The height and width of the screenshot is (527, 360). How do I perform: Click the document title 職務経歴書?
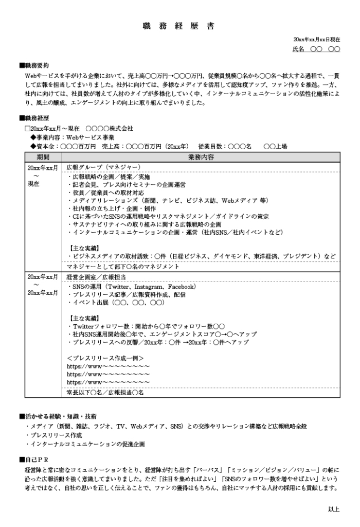179,25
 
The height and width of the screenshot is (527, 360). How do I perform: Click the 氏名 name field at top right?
316,49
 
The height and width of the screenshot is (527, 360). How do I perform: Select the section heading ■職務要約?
34,65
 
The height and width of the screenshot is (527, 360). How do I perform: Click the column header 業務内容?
201,156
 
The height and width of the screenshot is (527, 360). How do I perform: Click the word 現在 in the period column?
33,183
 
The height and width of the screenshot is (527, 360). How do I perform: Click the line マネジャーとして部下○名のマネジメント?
123,266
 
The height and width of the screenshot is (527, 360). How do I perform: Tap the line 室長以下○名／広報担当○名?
105,393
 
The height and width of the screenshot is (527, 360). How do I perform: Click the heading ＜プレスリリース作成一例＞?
105,358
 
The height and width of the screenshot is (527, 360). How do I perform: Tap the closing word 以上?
334,509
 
